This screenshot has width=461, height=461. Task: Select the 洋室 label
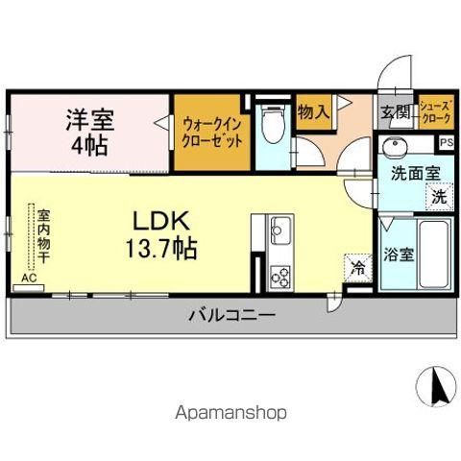[x=89, y=121]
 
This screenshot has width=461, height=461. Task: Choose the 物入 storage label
[x=313, y=111]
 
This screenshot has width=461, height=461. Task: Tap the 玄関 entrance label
[x=394, y=111]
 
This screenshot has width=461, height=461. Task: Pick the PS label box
[x=446, y=142]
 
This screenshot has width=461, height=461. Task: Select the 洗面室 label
[x=415, y=175]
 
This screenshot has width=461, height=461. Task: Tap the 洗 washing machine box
[x=437, y=198]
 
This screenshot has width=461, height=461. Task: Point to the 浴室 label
[x=398, y=256]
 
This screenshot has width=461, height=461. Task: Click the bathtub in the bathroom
[x=436, y=254]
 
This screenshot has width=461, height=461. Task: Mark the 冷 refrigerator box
[x=356, y=268]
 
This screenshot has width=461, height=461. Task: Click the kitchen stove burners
[x=280, y=279]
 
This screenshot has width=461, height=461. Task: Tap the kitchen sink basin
[x=280, y=231]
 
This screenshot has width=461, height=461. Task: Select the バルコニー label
[x=231, y=316]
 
